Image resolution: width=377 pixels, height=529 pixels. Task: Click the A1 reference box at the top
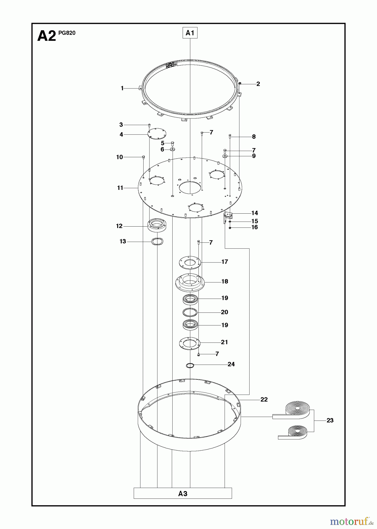(190, 33)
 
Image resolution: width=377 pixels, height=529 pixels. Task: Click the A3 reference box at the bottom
(183, 493)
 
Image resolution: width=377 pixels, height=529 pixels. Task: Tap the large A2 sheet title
(46, 36)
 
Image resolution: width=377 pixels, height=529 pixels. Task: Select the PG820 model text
(67, 33)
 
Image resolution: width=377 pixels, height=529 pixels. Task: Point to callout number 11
(120, 188)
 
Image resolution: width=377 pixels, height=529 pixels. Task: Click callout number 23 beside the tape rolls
(330, 421)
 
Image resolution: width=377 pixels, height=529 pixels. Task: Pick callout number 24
(231, 364)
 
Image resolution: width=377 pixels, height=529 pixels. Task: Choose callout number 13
(123, 241)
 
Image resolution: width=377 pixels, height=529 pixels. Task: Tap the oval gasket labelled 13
(157, 242)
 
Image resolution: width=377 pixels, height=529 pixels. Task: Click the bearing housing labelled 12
(157, 226)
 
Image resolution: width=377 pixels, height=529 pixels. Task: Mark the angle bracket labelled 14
(228, 216)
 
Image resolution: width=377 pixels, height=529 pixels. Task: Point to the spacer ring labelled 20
(190, 312)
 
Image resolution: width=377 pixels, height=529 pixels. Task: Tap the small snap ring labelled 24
(190, 366)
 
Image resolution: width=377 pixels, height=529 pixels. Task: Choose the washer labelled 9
(225, 156)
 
